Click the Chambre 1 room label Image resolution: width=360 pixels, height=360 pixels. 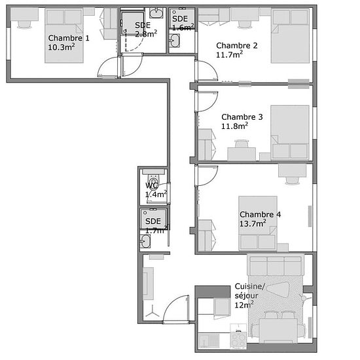pyautogui.click(x=69, y=38)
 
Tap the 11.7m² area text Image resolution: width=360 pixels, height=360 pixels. pyautogui.click(x=229, y=54)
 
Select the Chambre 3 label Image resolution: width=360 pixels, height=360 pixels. pyautogui.click(x=242, y=117)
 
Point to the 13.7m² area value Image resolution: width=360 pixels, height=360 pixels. pyautogui.click(x=253, y=223)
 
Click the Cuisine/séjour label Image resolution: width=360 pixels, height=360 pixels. pyautogui.click(x=250, y=291)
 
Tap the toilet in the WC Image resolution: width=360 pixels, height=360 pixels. pyautogui.click(x=153, y=179)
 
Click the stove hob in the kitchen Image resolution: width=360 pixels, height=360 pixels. pyautogui.click(x=238, y=339)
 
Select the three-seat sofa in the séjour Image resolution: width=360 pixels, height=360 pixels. pyautogui.click(x=276, y=265)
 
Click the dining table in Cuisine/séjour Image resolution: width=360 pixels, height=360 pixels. pyautogui.click(x=278, y=331)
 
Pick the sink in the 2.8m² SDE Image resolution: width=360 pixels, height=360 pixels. pyautogui.click(x=156, y=12)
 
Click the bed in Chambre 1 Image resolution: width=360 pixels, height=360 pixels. pyautogui.click(x=64, y=35)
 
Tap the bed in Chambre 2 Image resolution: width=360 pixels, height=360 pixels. pyautogui.click(x=290, y=35)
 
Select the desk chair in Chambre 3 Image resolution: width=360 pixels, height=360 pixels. pyautogui.click(x=242, y=143)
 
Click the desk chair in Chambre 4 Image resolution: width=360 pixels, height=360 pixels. pyautogui.click(x=293, y=181)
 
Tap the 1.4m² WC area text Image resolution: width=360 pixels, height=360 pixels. pyautogui.click(x=156, y=194)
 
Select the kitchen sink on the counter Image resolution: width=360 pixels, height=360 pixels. pyautogui.click(x=209, y=340)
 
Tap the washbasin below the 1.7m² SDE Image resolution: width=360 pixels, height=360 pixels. pyautogui.click(x=145, y=242)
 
